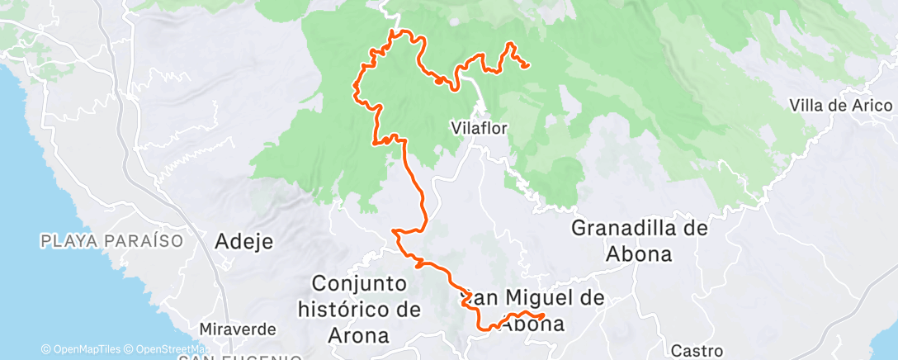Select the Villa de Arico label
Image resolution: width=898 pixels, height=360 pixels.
[x=840, y=106]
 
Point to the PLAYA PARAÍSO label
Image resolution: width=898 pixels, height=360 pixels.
[x=111, y=241]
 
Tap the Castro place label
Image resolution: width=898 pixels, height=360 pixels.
[x=697, y=351]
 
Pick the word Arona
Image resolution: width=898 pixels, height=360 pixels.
[x=361, y=336]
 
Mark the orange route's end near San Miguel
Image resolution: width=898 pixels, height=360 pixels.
[x=542, y=316]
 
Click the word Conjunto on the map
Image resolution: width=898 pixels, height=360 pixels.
[x=359, y=283]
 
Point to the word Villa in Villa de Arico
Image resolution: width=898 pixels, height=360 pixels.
[x=806, y=106]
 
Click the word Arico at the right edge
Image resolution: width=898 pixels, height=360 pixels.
[x=874, y=106]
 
